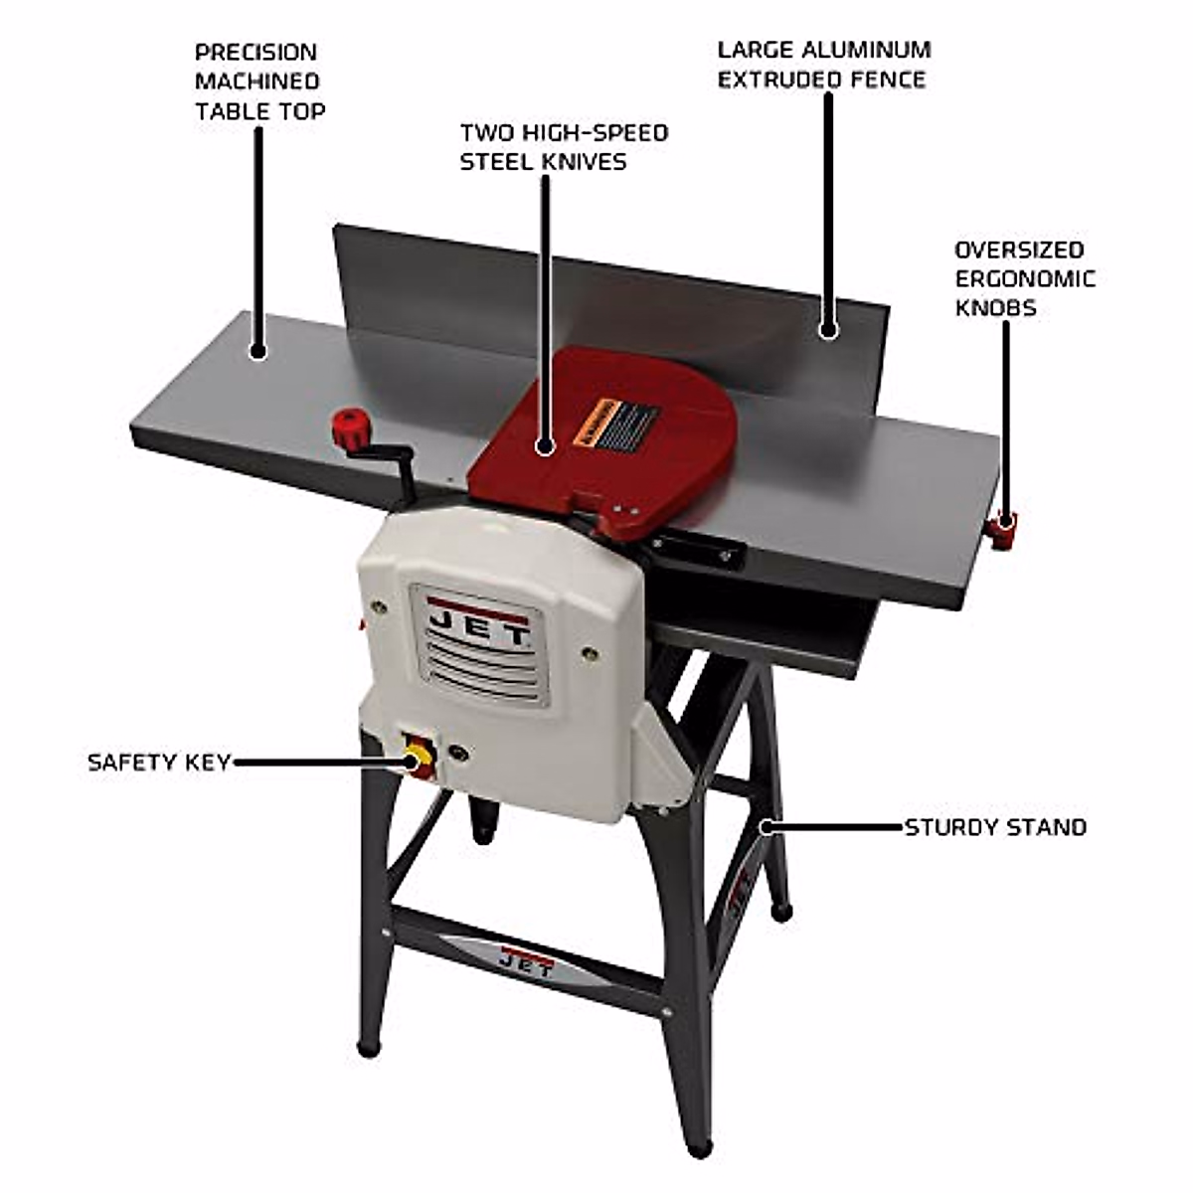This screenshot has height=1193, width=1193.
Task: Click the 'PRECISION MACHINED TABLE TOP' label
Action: [258, 82]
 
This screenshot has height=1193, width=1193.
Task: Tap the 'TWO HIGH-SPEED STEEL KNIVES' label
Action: [563, 147]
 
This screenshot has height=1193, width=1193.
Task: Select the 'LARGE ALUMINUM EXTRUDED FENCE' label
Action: [823, 65]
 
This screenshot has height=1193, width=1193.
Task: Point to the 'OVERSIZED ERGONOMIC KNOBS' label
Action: [1024, 278]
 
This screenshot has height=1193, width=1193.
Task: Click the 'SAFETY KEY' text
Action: [159, 763]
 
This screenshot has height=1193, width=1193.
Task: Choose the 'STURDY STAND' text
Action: [995, 827]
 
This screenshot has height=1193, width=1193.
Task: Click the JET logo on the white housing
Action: [478, 627]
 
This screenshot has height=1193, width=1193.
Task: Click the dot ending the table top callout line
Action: [258, 350]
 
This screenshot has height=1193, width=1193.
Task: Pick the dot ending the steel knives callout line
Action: [544, 447]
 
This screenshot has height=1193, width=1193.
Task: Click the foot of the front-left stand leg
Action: [369, 1046]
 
